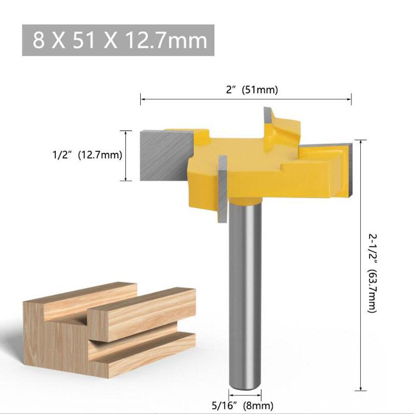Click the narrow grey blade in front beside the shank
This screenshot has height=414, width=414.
(223, 189)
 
